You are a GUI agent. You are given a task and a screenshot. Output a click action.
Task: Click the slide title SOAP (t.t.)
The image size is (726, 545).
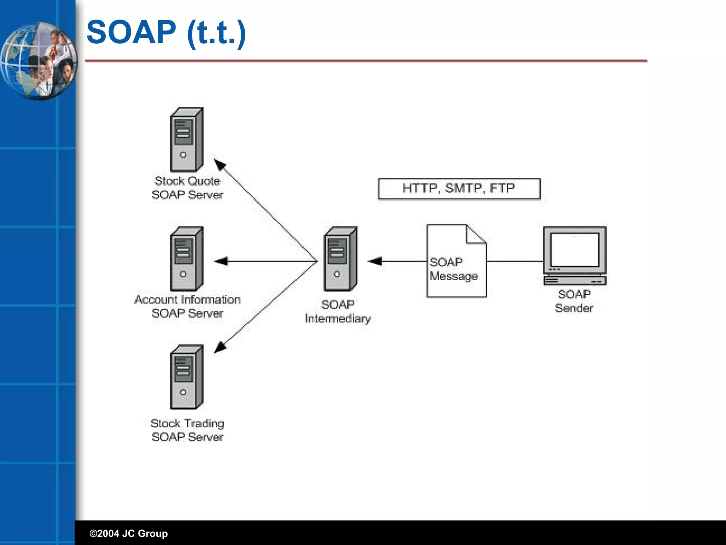tap(166, 33)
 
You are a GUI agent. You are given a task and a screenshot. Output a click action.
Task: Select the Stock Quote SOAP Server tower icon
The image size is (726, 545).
tap(186, 140)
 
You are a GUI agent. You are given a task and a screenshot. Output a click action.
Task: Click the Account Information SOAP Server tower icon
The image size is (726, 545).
tap(186, 259)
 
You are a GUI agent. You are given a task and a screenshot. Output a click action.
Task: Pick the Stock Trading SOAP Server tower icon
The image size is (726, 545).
tap(186, 377)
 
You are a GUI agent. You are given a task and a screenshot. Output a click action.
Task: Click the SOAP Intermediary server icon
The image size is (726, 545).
tap(340, 259)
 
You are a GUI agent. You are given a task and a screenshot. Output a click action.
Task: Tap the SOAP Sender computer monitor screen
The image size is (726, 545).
tap(574, 249)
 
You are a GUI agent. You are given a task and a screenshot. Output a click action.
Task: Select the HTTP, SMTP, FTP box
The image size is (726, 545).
tap(459, 189)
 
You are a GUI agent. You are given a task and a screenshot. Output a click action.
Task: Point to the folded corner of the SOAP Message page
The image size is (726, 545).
tap(475, 235)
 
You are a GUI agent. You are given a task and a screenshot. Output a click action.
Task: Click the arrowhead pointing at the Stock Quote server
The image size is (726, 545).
tap(220, 165)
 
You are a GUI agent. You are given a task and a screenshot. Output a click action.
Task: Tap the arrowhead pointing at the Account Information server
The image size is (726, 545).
tap(221, 262)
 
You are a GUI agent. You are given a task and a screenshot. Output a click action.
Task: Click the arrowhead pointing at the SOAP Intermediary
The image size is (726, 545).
tap(375, 262)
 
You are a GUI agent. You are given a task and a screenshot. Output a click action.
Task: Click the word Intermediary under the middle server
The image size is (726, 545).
tap(337, 319)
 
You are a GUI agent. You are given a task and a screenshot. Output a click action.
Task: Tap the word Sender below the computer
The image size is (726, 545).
tap(574, 308)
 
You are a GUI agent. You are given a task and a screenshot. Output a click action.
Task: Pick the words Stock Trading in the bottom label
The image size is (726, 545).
tap(187, 423)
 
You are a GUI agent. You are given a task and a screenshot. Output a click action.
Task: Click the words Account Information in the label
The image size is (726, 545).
tap(187, 300)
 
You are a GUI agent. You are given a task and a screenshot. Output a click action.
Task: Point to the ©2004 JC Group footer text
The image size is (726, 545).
tap(129, 533)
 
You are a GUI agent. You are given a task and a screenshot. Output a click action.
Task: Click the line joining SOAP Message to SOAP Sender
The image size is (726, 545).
tap(515, 262)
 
